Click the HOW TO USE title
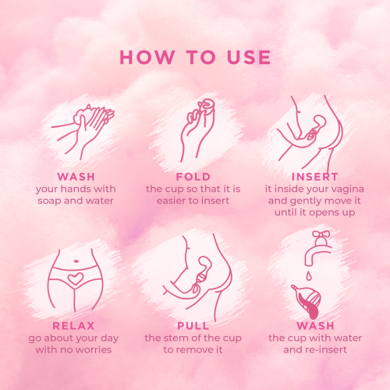(195, 58)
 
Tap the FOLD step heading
(193, 177)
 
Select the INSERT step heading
(315, 177)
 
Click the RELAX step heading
(73, 325)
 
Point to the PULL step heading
(193, 325)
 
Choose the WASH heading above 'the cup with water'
(315, 325)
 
